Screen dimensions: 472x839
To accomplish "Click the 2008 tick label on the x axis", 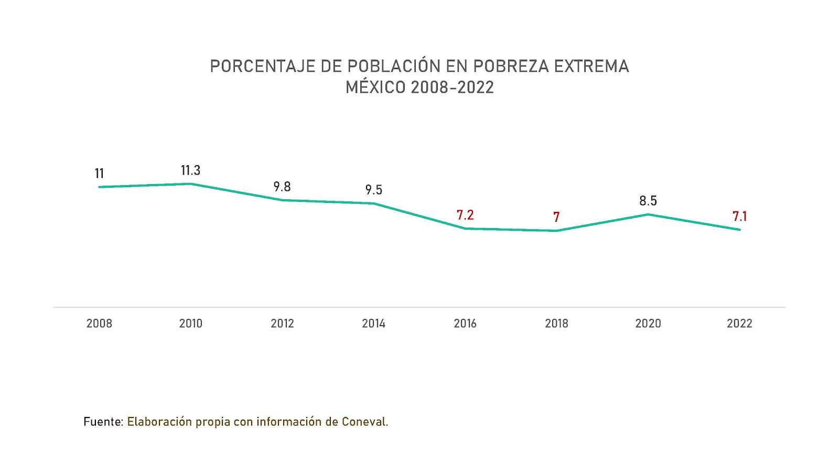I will [x=99, y=324].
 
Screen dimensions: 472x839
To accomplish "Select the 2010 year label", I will [x=190, y=324].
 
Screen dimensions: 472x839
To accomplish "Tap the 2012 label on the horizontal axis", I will [x=282, y=324].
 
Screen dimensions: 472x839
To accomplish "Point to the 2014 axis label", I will [x=373, y=324].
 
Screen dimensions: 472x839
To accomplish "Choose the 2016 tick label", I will [x=465, y=324].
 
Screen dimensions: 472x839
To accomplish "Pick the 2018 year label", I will [x=556, y=324].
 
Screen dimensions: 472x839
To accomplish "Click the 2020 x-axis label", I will [x=648, y=324].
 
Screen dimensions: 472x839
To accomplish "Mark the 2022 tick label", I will [x=739, y=324].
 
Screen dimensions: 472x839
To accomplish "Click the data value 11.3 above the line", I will [x=190, y=170].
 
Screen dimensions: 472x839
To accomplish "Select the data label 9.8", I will [x=282, y=187].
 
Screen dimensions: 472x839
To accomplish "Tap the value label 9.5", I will [x=373, y=190].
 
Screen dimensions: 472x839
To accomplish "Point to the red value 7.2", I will [x=465, y=215].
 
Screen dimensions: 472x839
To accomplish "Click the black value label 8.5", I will [x=648, y=201].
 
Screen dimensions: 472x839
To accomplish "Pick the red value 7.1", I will [x=739, y=216].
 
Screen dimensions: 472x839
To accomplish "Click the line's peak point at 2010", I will [x=190, y=184].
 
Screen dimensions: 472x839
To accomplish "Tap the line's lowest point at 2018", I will [x=556, y=231].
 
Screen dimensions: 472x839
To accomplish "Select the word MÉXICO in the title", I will [x=375, y=88].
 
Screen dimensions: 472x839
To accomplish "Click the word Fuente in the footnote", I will [x=103, y=422].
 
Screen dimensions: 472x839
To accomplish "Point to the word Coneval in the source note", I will [x=363, y=422].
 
